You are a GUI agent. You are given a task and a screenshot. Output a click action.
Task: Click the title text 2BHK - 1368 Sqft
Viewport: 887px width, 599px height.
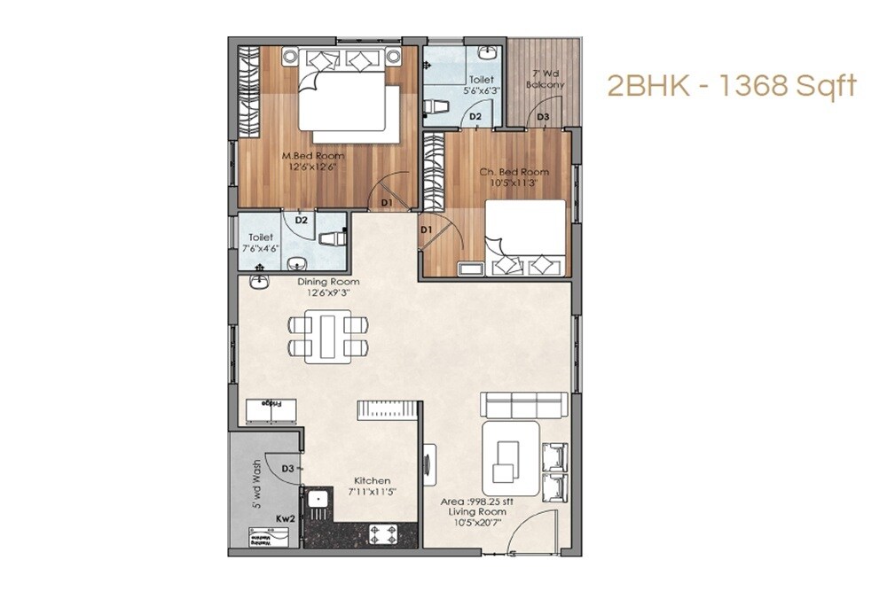pos(731,86)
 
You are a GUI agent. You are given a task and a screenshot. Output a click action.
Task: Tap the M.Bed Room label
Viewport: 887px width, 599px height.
pos(312,156)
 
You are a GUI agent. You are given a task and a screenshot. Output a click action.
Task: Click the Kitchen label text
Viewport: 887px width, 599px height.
pos(371,481)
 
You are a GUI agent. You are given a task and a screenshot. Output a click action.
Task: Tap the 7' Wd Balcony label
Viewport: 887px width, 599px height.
pos(545,79)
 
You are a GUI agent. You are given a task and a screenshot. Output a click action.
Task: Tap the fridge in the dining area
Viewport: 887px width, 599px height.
pos(271,411)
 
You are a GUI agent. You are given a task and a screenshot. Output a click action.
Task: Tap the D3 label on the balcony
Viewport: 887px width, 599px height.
pos(543,117)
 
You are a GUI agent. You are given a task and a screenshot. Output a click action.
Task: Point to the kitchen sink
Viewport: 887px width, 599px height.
pos(317,502)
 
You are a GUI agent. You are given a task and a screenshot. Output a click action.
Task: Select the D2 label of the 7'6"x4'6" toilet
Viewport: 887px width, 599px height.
pos(302,220)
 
